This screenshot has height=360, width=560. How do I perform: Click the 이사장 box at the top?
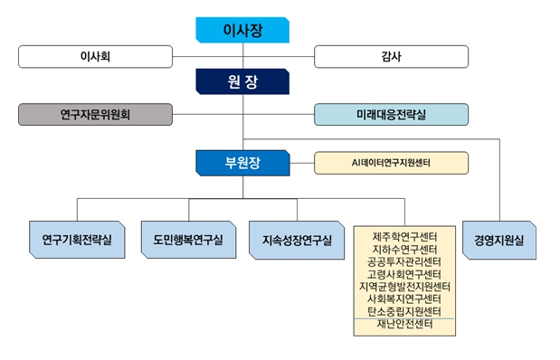coord(242,30)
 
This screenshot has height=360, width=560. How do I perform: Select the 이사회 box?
coord(95,56)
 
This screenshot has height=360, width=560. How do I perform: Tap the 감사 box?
coord(391,56)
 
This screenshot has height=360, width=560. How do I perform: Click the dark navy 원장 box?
coord(242,81)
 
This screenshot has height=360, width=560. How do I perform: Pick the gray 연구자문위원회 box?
coord(95,114)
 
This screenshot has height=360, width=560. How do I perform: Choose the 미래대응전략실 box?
coord(391,114)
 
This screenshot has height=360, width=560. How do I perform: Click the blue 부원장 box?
coord(242,163)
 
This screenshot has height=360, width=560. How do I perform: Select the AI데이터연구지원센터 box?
coord(391,163)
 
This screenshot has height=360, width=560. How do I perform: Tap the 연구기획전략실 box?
coord(77,240)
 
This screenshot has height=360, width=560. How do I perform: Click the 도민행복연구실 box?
coord(188,240)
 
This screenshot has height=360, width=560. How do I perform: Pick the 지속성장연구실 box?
coord(297,240)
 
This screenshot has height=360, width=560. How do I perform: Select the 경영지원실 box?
coord(499,240)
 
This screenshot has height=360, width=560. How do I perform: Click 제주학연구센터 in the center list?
coord(404,237)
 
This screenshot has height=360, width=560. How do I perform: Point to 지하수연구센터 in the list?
coord(404,250)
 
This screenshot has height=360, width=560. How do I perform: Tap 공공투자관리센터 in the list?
coord(404,261)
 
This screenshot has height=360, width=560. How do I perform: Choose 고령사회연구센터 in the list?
coord(404,274)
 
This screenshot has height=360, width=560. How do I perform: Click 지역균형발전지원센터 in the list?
coord(404,287)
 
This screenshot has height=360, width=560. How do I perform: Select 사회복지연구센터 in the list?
coord(404,298)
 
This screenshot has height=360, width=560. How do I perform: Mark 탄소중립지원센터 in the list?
coord(404,311)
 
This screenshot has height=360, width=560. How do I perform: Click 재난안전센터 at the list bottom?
coord(404,324)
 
